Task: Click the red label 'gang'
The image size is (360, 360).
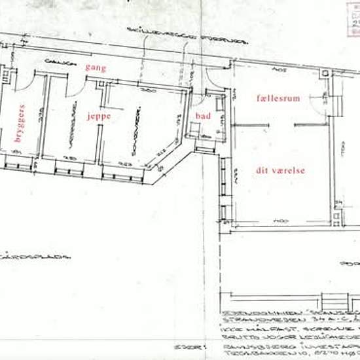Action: coord(95,67)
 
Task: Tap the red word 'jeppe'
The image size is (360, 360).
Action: coord(98,116)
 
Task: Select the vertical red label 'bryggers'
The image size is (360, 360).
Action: coord(19,122)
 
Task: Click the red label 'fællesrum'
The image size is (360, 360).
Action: coord(278,98)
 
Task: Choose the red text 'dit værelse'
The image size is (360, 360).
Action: coord(280,170)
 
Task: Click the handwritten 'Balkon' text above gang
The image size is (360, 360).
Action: coord(58,61)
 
